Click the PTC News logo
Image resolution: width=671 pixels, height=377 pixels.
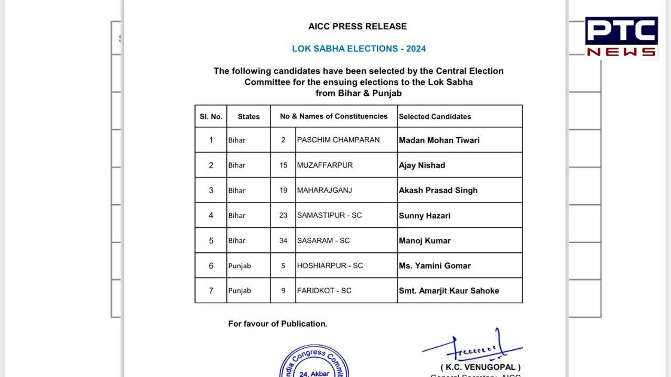pos(621,37)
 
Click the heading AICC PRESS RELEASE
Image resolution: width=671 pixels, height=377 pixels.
pos(358,26)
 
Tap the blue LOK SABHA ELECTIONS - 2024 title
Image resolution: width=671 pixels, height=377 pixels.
pos(359,49)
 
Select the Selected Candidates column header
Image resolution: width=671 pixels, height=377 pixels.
pos(435,116)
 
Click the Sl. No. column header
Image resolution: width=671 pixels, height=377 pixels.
pos(211,116)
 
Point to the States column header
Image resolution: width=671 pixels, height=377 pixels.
pos(248,116)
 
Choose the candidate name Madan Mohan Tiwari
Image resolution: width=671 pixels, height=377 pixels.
pos(439,140)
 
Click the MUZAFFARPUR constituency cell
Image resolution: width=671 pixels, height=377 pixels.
pos(324,165)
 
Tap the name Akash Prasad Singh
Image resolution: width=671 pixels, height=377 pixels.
pos(438,190)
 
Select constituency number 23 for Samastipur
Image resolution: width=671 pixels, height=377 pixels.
pos(283,215)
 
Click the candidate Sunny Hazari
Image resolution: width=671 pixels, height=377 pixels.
pos(424,215)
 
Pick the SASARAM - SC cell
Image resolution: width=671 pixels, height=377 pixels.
pos(323,240)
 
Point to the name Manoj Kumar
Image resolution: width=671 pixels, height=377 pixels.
pos(424,240)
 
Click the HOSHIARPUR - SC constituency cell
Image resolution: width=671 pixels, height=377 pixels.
pos(330,265)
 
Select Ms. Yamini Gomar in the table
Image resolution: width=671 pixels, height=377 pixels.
pos(434,265)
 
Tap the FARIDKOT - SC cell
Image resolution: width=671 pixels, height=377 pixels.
pos(324,291)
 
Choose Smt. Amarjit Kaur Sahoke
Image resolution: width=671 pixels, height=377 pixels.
pos(448,291)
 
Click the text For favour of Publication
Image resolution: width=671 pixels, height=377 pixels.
pos(277,324)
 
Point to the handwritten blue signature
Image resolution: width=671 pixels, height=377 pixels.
pos(471,346)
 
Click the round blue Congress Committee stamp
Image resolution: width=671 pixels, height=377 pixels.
pos(314,362)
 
